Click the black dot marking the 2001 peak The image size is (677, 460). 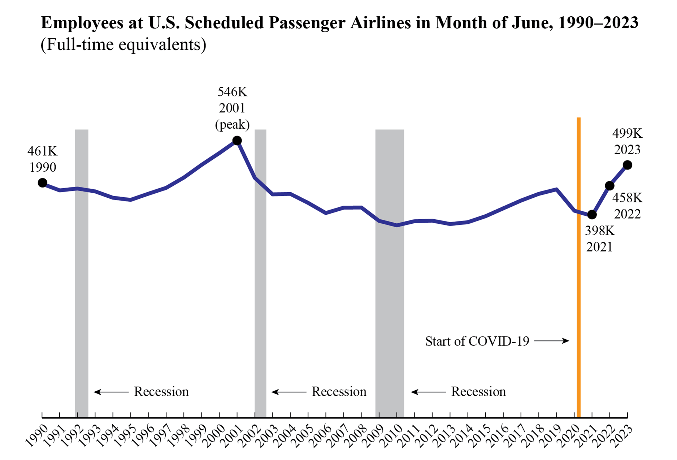tap(237, 141)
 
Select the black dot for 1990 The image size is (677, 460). tap(43, 183)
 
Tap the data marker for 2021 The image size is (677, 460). tap(592, 215)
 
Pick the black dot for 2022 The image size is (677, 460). tap(609, 186)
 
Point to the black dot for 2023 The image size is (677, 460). tap(628, 165)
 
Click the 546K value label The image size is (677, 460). tap(232, 92)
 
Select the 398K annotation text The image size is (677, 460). tap(599, 231)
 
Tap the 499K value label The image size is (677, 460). tap(627, 134)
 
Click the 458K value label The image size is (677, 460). tap(627, 198)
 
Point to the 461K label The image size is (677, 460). tap(43, 151)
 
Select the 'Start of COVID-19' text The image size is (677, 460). tap(477, 341)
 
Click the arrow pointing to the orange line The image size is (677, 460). tap(551, 341)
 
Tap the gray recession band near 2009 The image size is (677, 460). tap(389, 289)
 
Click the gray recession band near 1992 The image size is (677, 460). tap(82, 289)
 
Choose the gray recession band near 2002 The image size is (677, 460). tap(260, 289)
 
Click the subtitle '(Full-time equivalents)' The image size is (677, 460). tap(123, 45)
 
